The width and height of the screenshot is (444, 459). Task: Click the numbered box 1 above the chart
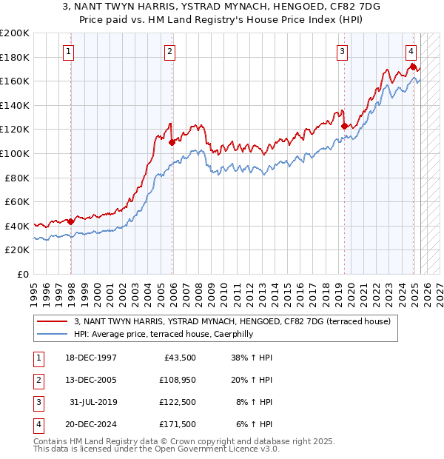click(x=68, y=51)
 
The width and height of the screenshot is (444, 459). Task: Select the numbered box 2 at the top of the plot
click(x=169, y=51)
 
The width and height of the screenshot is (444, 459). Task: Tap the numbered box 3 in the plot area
click(x=343, y=51)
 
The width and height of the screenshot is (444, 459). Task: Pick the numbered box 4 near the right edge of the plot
click(x=411, y=51)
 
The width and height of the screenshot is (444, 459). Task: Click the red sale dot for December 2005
click(x=172, y=142)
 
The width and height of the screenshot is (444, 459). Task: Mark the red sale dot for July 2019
click(x=344, y=126)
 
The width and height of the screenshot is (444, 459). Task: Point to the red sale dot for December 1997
click(x=71, y=221)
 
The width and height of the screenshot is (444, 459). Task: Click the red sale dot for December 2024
click(x=412, y=67)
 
